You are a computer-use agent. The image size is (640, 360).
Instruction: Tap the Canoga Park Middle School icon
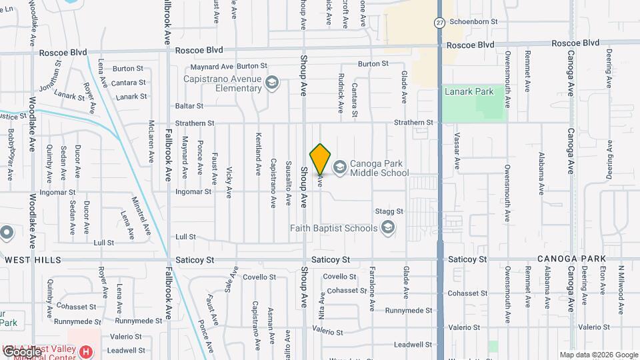pos(340,167)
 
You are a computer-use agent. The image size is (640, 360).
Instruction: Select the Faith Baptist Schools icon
pos(387,229)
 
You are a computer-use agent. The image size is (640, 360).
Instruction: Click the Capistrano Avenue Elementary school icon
pos(271,83)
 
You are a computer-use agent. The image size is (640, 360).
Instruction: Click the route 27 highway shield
pos(440,22)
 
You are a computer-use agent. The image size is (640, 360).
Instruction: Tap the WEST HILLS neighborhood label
pos(33,259)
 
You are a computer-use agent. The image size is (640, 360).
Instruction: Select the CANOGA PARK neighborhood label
pos(571,259)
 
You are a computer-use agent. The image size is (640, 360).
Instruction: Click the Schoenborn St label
pos(473,21)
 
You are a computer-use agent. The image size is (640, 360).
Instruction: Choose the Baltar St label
pos(189,106)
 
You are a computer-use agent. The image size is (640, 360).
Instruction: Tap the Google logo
pos(22,352)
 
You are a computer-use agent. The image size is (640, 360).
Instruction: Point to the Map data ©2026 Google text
pos(598,355)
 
